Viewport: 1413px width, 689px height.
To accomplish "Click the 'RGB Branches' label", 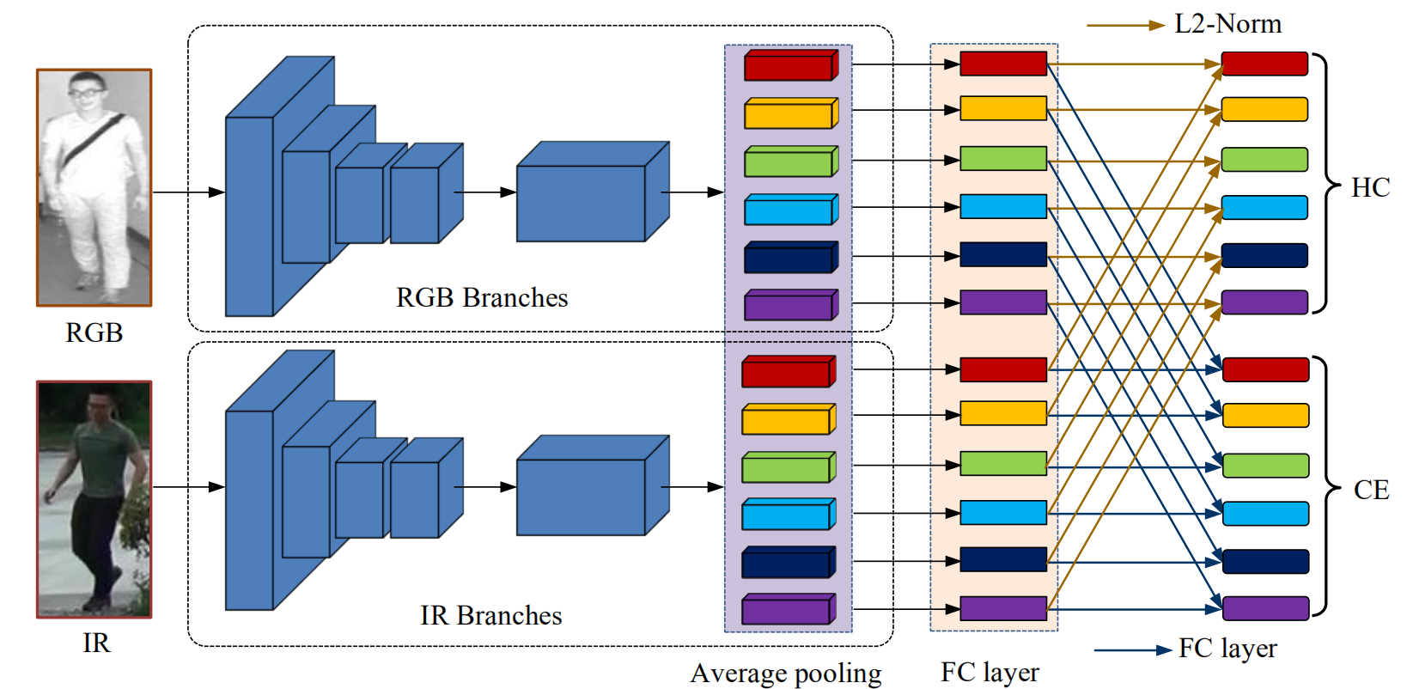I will (x=482, y=298).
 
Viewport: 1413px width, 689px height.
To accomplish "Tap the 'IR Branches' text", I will (x=490, y=615).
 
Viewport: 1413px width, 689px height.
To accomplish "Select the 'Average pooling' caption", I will (x=785, y=673).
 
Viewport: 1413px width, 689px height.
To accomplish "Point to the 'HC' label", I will (x=1370, y=187).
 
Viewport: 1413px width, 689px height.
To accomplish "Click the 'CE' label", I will (x=1371, y=490).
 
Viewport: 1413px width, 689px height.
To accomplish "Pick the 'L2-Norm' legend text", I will (x=1227, y=24).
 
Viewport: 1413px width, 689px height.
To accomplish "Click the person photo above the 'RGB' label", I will (x=94, y=187).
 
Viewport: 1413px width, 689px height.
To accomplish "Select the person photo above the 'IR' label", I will (x=94, y=499).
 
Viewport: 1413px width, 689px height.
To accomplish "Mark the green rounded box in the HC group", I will (x=1264, y=160).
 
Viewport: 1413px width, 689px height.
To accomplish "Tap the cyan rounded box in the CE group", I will (x=1265, y=514).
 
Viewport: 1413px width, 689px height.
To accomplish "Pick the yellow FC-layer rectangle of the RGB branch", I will (x=1002, y=109).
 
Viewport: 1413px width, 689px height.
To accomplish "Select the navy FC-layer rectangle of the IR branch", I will (x=1002, y=559).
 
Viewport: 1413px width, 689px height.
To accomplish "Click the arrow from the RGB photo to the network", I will (x=188, y=192).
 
